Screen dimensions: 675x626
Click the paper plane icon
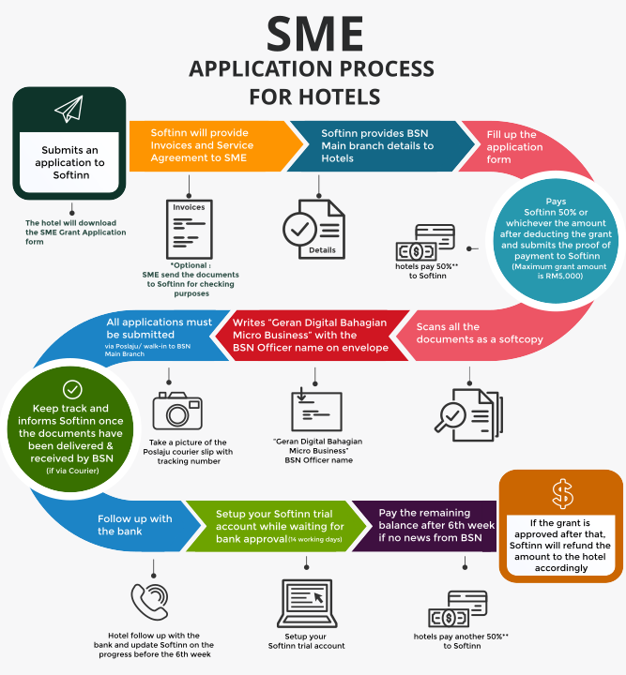click(69, 110)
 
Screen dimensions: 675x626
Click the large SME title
click(313, 35)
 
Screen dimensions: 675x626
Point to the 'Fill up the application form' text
click(514, 147)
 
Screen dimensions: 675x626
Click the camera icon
click(176, 409)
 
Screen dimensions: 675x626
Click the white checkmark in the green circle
click(72, 389)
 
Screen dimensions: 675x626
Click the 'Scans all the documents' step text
click(479, 333)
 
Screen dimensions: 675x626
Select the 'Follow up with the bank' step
click(134, 525)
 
